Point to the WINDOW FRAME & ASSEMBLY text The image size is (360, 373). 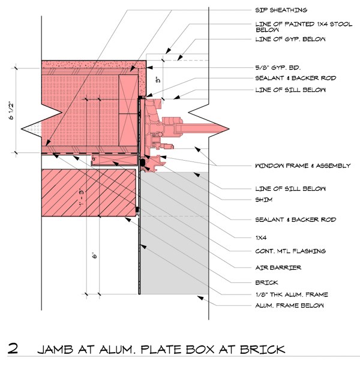(302, 166)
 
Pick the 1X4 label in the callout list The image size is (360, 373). (260, 236)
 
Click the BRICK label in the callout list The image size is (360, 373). (264, 281)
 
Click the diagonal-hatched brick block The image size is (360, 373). (90, 193)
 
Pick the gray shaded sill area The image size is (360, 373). (174, 240)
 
